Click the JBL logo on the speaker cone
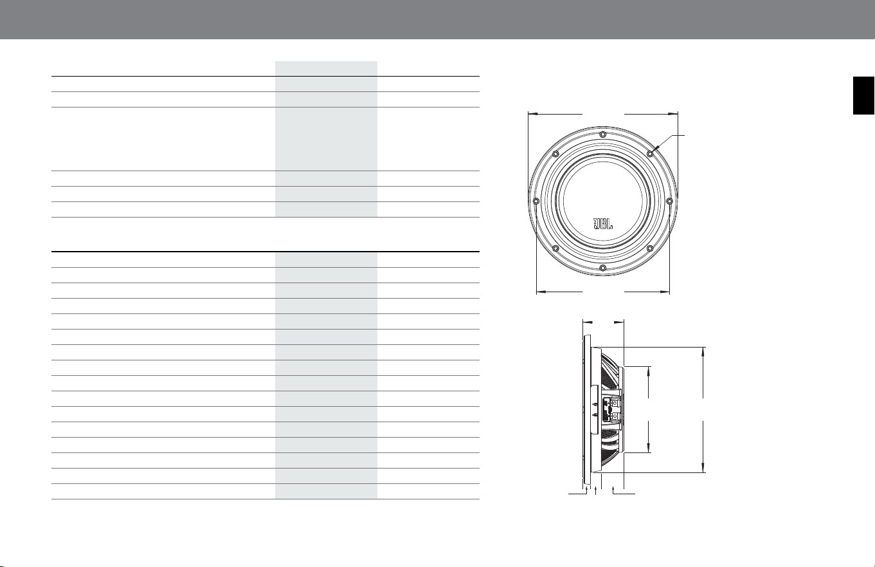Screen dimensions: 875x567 click(603, 223)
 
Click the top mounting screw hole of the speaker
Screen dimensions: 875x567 click(603, 135)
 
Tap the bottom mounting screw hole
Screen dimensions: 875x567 click(603, 268)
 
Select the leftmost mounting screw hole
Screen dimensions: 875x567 click(536, 201)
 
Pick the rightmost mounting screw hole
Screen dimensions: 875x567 click(669, 201)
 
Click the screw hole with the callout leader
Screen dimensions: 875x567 click(650, 154)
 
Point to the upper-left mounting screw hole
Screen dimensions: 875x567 click(555, 154)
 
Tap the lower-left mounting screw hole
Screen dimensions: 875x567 click(555, 248)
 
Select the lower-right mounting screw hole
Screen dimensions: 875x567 click(650, 248)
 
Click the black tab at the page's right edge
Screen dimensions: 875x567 click(863, 95)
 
